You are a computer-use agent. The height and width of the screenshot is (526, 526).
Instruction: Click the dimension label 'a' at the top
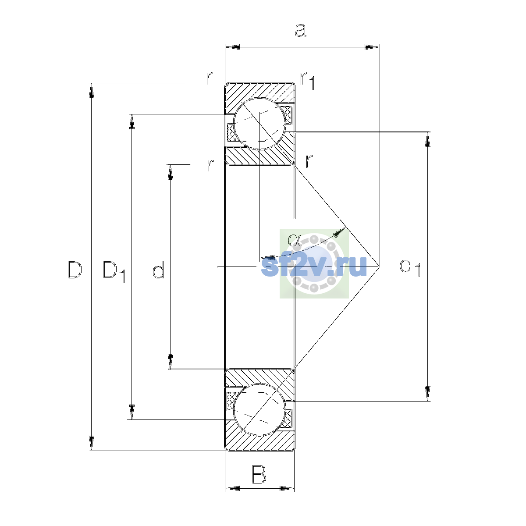coord(300,30)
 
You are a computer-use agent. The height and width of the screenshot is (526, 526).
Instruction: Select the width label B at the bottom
coord(259,474)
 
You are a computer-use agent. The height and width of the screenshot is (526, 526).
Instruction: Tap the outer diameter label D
coord(75,270)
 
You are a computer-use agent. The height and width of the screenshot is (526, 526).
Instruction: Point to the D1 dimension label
coord(114,271)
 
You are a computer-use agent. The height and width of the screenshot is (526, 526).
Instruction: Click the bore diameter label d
coord(158,270)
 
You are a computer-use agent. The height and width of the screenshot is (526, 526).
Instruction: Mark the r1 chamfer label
coord(308,80)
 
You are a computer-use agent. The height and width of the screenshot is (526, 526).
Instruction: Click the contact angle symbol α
coord(294,240)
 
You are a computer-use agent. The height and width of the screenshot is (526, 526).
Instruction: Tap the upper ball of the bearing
coord(259,124)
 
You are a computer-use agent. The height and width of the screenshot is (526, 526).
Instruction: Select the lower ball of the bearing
coord(259,409)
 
